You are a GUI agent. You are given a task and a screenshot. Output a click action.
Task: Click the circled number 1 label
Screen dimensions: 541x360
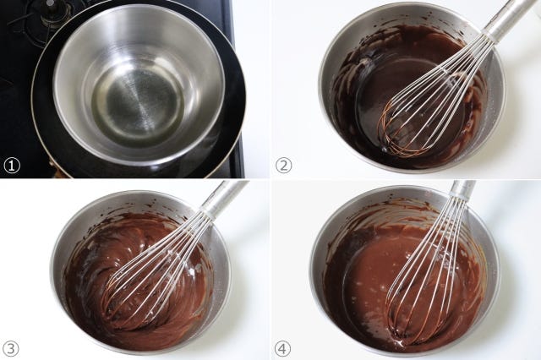pos(12,166)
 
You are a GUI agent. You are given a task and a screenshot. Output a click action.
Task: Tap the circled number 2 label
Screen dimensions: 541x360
pos(283,166)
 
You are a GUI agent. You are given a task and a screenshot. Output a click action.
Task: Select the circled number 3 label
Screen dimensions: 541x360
pos(11,349)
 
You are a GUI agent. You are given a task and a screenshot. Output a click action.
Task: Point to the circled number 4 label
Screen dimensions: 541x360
pos(282,349)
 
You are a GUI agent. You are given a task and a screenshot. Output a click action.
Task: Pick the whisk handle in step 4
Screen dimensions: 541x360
pos(462,191)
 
